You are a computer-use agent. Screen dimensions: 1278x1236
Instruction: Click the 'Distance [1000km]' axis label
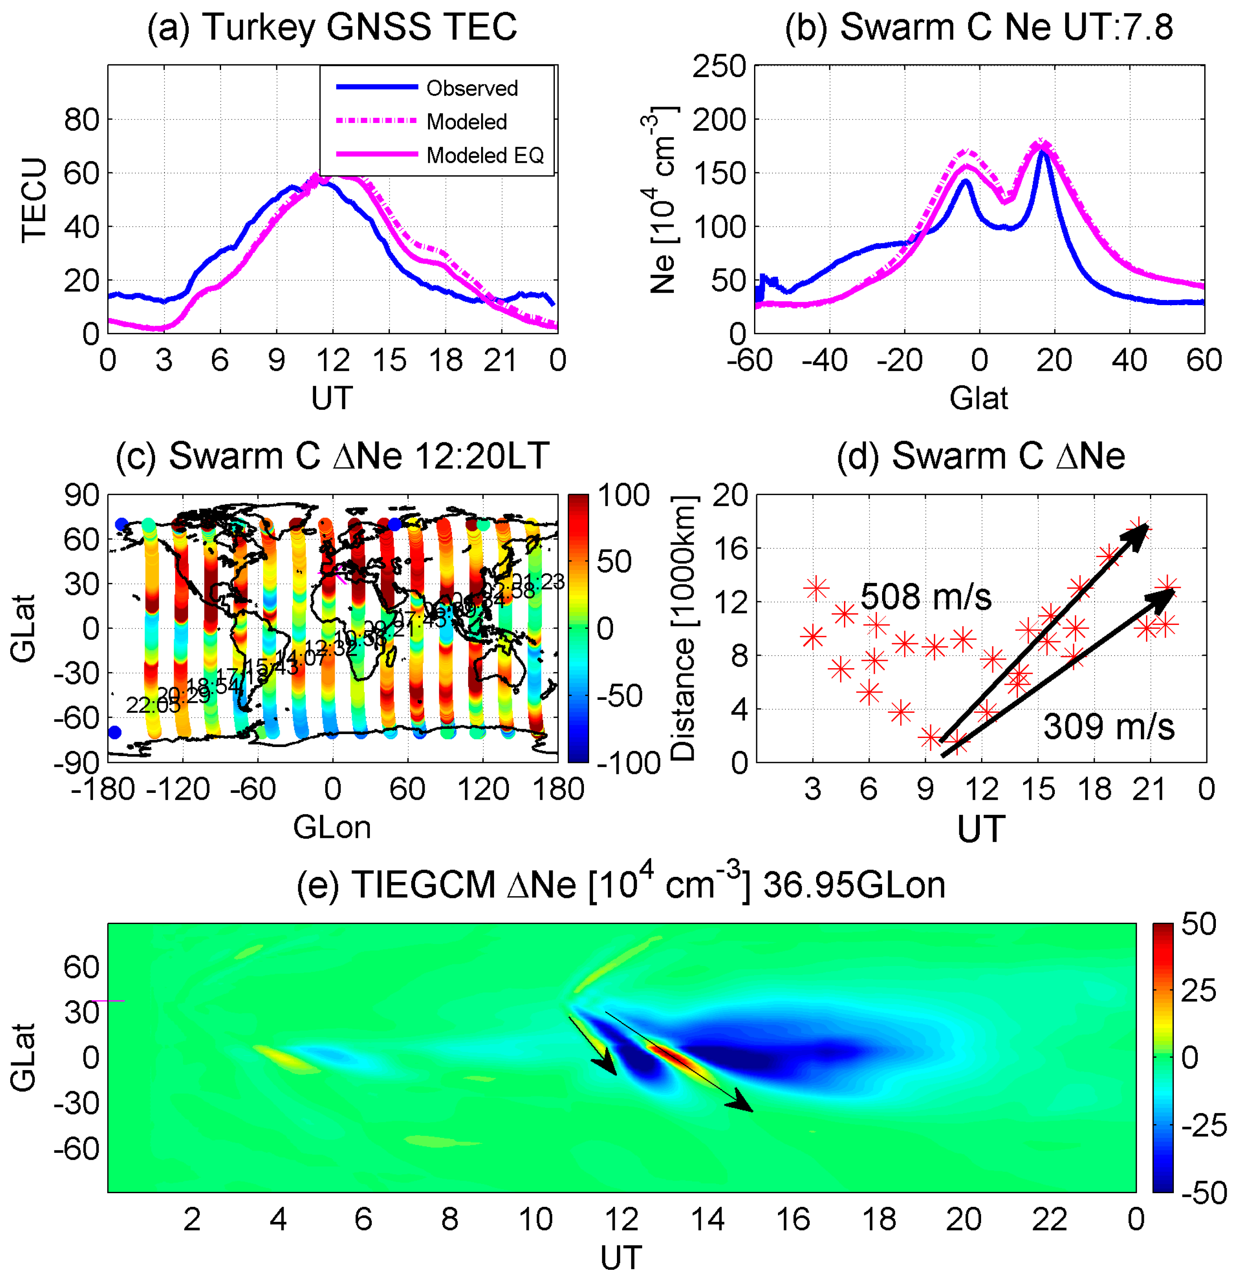tap(682, 628)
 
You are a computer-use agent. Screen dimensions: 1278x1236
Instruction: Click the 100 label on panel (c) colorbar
tap(623, 495)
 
